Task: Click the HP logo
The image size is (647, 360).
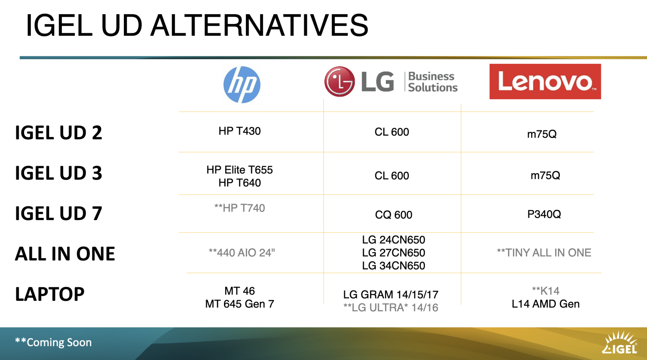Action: [242, 84]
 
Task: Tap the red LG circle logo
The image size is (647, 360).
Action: [340, 82]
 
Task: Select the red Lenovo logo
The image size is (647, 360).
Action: [545, 82]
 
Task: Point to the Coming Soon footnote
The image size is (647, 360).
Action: [53, 342]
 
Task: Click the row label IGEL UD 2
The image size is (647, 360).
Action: [59, 132]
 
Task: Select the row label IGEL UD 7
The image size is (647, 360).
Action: [59, 213]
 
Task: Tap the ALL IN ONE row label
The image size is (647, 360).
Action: [65, 254]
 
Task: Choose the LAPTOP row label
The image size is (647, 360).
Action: [50, 294]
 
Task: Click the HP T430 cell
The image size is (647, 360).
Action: [239, 131]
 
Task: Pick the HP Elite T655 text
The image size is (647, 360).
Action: [239, 170]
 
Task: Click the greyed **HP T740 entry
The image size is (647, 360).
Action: [239, 208]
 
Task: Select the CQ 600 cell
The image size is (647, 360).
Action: [393, 215]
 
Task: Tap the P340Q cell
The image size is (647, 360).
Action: [544, 214]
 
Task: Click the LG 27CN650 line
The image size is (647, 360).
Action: [393, 253]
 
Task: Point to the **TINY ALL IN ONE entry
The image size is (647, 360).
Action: [544, 253]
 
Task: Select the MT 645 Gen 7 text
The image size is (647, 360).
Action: [239, 304]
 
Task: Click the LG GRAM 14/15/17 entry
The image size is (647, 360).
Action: [391, 295]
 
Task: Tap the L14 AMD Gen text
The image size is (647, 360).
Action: [546, 304]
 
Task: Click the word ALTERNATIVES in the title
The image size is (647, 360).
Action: [259, 25]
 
